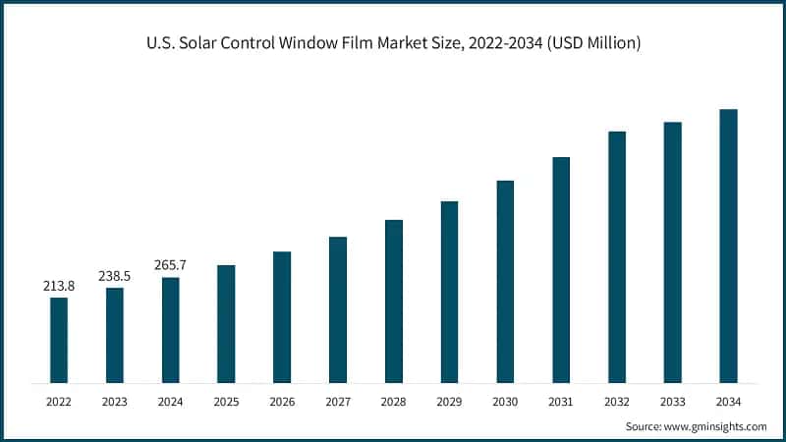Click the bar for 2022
59,340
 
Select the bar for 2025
226,324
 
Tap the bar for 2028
394,302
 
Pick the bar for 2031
561,270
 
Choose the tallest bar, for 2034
728,246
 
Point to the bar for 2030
505,282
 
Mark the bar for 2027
338,309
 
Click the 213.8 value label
59,286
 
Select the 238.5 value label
115,276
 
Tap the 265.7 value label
171,265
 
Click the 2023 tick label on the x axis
115,401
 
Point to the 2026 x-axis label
282,401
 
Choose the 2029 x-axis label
449,401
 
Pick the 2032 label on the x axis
617,401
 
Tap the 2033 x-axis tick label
672,401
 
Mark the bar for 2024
171,330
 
